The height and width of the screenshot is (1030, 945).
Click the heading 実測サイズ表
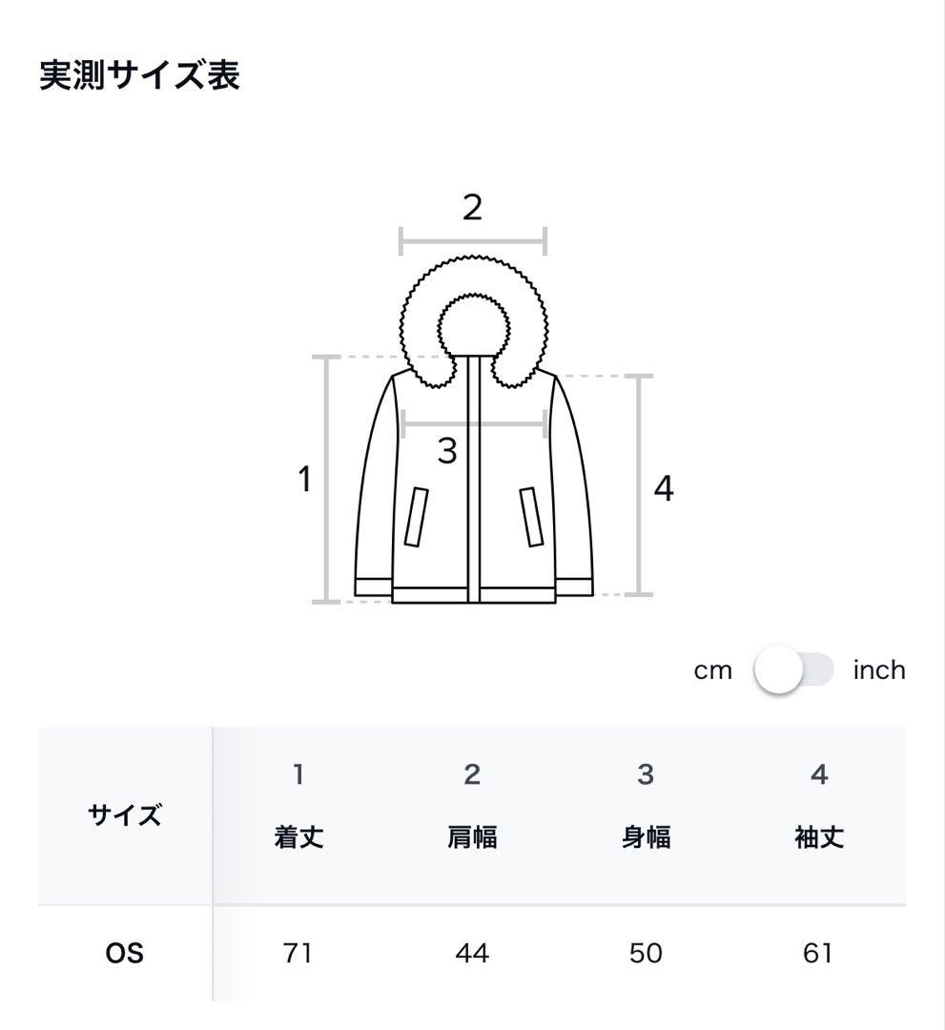(x=140, y=75)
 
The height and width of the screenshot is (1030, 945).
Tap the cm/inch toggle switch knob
(x=778, y=670)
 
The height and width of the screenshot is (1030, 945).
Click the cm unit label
(x=712, y=670)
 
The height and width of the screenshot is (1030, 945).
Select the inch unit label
(x=879, y=670)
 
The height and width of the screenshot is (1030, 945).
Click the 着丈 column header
(x=298, y=837)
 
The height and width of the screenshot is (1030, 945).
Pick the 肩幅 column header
(x=472, y=837)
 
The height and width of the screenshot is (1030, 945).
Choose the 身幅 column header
(x=646, y=837)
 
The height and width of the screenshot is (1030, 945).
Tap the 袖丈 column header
(x=819, y=837)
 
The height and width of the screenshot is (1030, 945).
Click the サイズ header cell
(x=125, y=815)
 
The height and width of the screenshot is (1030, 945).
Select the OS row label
(x=125, y=953)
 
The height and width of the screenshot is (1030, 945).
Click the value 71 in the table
(x=298, y=953)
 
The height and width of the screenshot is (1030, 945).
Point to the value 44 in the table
(x=472, y=953)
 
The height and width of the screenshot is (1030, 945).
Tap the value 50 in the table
(x=646, y=953)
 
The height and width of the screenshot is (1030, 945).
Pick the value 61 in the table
(x=817, y=953)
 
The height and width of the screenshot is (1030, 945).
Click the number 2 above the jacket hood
(x=473, y=208)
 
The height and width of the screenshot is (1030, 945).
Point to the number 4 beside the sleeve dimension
(x=664, y=488)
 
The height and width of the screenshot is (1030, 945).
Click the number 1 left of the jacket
(x=304, y=479)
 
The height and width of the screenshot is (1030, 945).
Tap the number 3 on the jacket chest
(x=447, y=451)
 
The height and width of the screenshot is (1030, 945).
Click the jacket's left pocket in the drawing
(x=417, y=517)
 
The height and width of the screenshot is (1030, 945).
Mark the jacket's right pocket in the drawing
(x=531, y=517)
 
